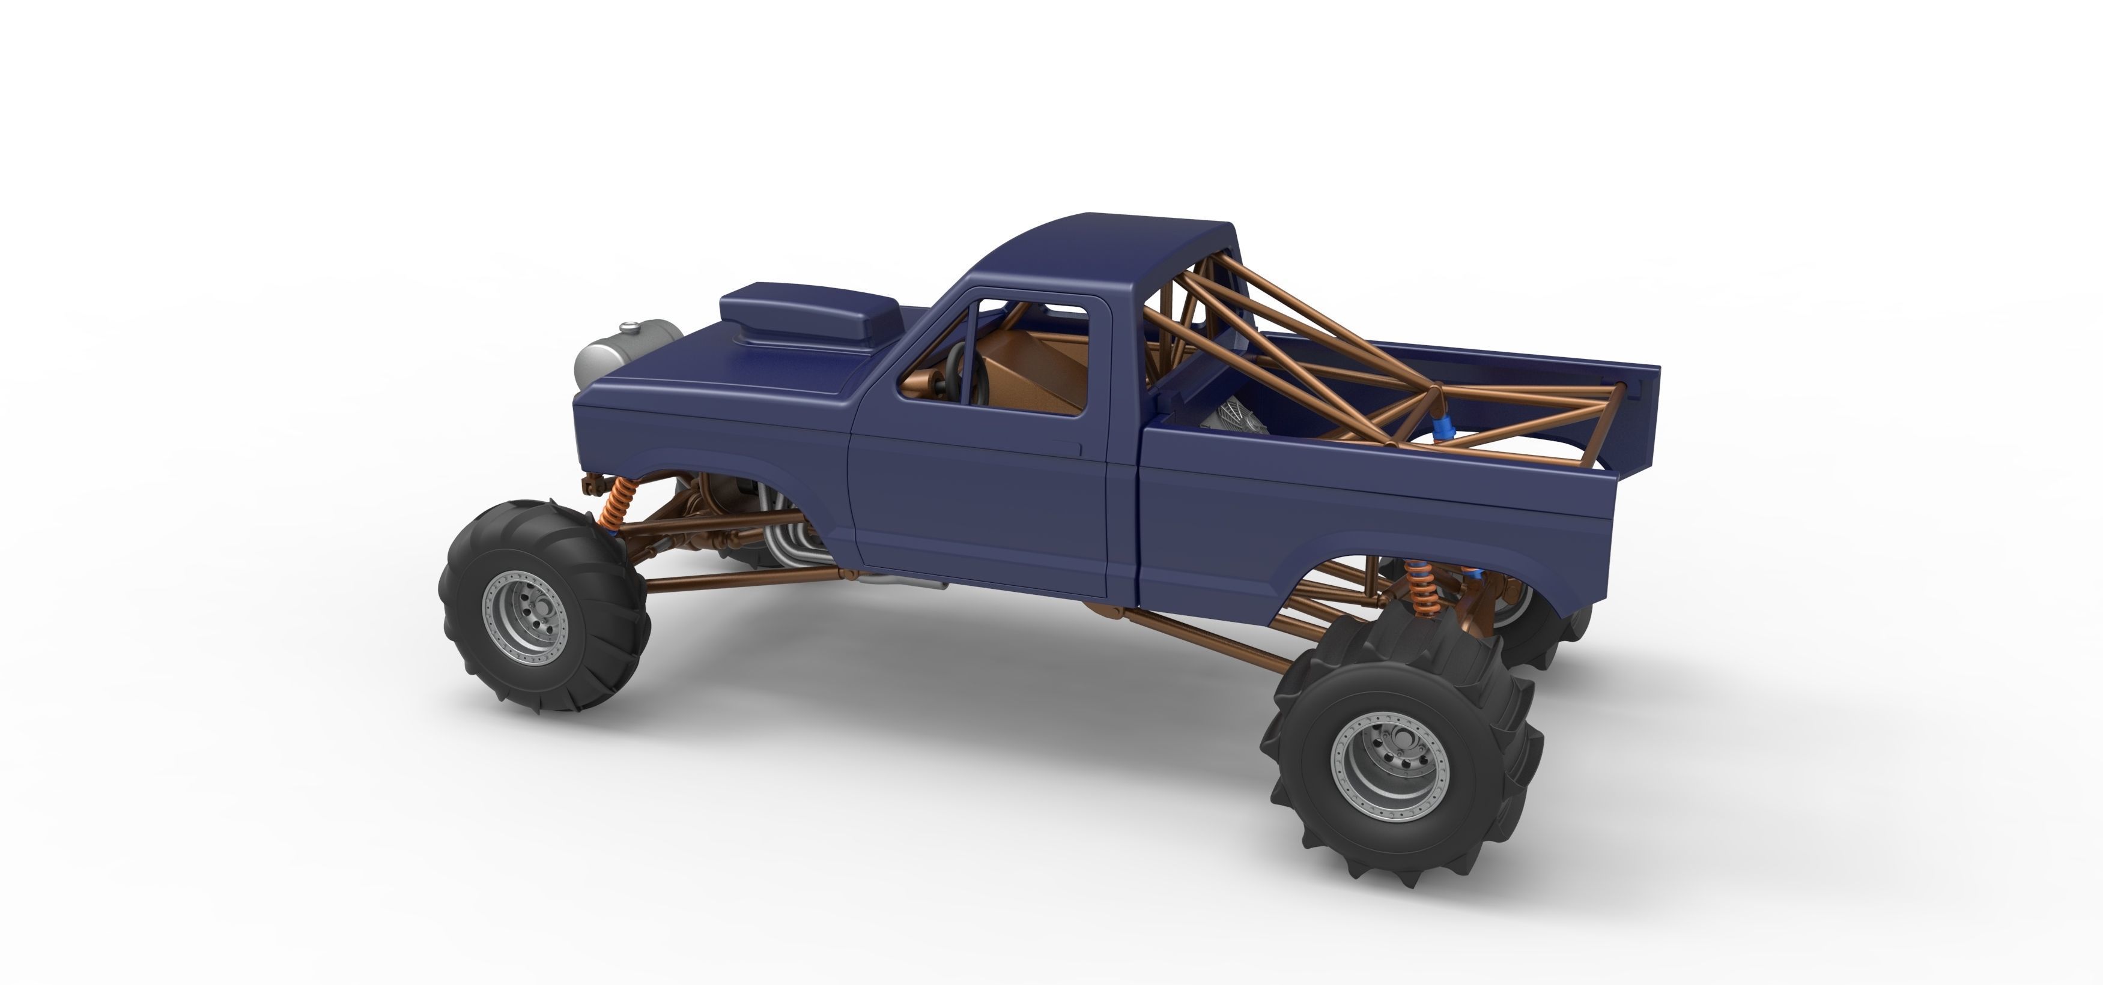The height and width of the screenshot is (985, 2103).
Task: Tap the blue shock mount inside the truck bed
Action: (1445, 429)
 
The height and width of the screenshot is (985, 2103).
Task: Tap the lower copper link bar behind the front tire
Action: (735, 579)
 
